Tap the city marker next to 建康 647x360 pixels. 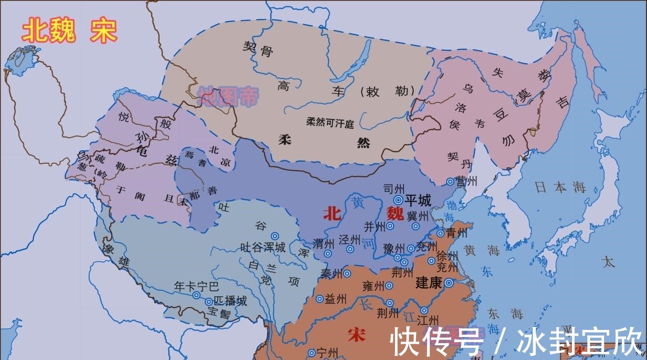coord(449,283)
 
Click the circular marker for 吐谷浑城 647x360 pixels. coord(275,236)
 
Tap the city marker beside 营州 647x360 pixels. coord(450,182)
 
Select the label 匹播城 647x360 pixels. coord(230,301)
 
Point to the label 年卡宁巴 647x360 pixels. coord(196,286)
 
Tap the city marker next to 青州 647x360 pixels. coord(441,234)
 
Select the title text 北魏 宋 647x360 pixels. coord(69,31)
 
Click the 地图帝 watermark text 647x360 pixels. coord(228,95)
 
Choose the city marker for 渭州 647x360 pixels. coord(328,253)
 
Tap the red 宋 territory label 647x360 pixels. coord(356,335)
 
